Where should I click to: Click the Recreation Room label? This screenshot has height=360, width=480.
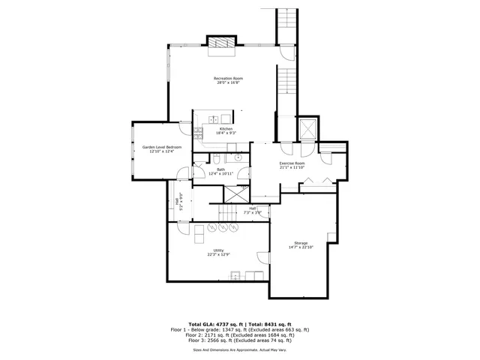tap(228, 78)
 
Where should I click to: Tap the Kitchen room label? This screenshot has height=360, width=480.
tap(226, 129)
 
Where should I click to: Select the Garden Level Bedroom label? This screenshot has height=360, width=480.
tap(162, 147)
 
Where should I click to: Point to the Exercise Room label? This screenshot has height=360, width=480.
tap(292, 163)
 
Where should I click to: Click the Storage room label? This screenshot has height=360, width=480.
tap(301, 243)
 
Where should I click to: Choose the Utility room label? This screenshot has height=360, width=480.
tap(218, 250)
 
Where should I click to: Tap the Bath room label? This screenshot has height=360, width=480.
tap(220, 169)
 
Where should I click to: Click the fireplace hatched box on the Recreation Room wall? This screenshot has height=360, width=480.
tap(222, 44)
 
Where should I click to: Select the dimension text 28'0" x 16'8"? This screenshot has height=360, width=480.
tap(228, 82)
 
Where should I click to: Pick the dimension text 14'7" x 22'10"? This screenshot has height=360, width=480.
tap(301, 247)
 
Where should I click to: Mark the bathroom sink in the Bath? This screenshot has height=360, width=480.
tap(235, 158)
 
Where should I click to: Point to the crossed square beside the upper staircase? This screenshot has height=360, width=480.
tap(307, 128)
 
